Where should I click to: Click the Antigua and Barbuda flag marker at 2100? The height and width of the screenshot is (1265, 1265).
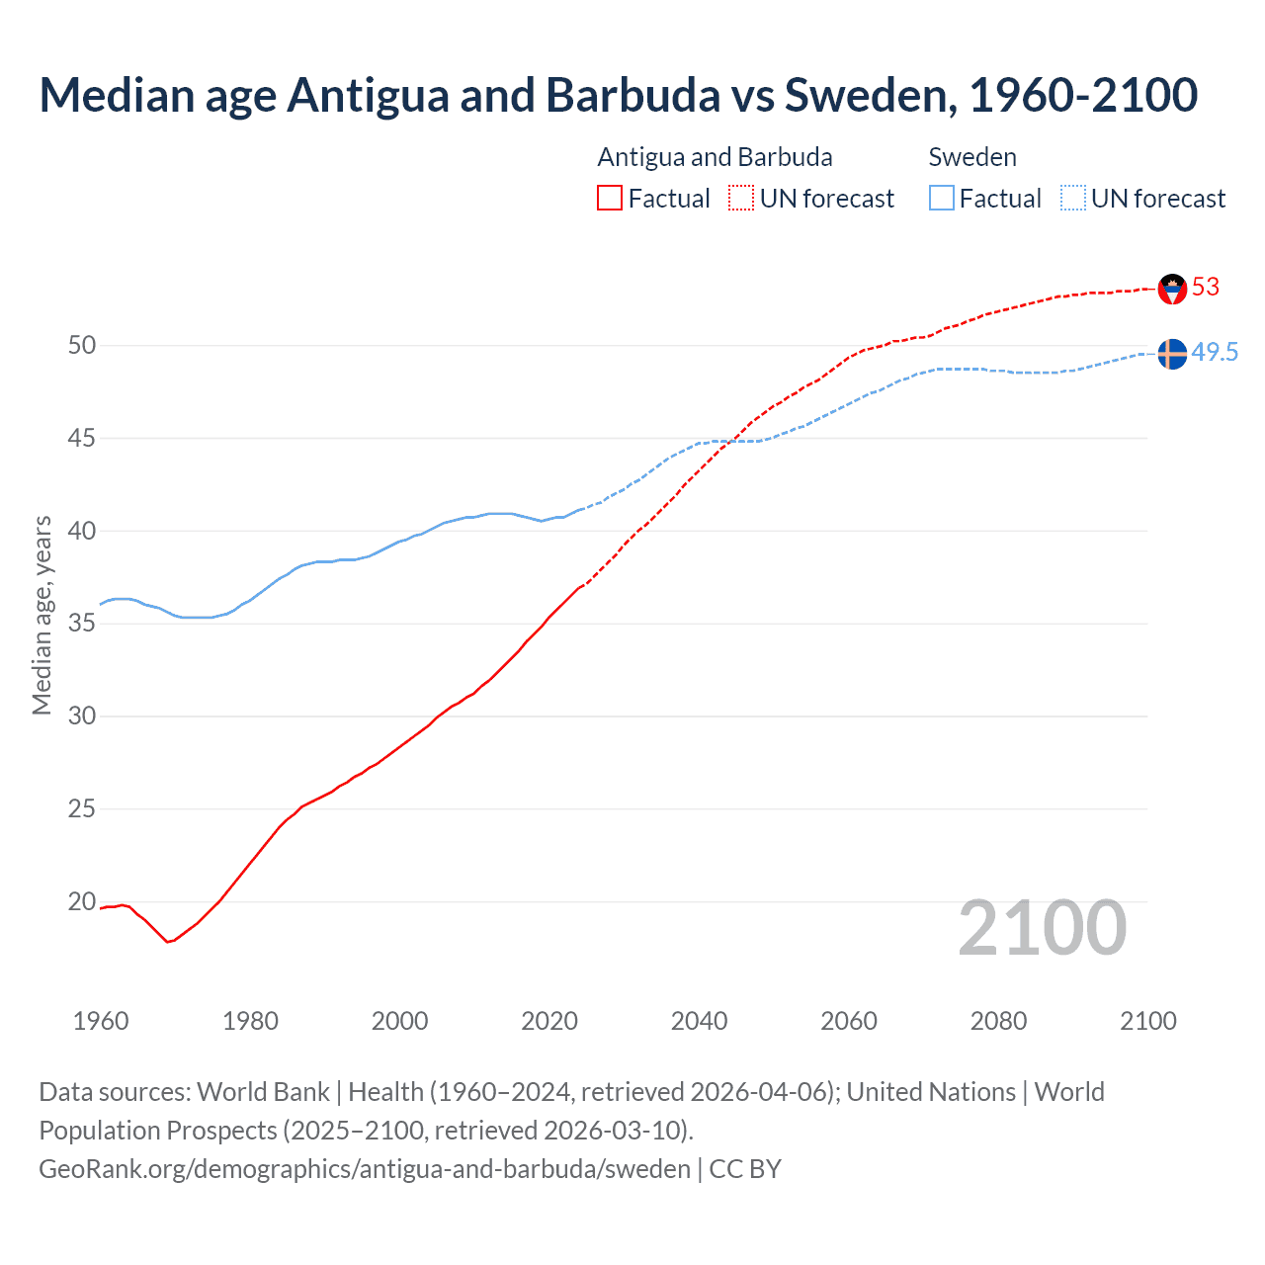click(x=1172, y=289)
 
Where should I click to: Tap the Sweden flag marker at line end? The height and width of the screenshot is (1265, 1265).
click(x=1172, y=354)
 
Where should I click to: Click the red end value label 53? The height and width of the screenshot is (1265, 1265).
click(x=1206, y=288)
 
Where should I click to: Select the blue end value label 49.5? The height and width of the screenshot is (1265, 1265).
click(x=1215, y=353)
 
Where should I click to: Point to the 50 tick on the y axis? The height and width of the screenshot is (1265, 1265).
click(x=82, y=345)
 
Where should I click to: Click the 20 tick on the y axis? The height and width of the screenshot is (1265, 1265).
click(x=82, y=901)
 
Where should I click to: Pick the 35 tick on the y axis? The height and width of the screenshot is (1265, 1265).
click(x=82, y=624)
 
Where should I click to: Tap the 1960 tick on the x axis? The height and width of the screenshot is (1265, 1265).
click(x=101, y=1021)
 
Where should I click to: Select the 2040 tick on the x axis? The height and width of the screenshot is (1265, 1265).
click(x=699, y=1021)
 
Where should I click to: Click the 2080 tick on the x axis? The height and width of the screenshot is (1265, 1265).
click(x=998, y=1021)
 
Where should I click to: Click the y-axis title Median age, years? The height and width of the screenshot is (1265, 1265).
click(x=42, y=615)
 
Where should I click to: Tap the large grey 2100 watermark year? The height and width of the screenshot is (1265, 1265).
click(x=1042, y=928)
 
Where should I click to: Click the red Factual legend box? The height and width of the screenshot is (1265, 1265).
click(x=610, y=199)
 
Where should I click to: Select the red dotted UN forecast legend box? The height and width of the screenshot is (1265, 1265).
click(x=741, y=199)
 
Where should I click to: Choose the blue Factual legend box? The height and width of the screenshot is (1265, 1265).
click(x=942, y=199)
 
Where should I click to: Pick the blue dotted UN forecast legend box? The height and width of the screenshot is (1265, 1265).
click(x=1073, y=199)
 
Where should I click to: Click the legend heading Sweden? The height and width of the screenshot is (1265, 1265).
click(x=972, y=157)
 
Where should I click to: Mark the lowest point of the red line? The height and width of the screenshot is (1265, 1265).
click(x=168, y=942)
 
